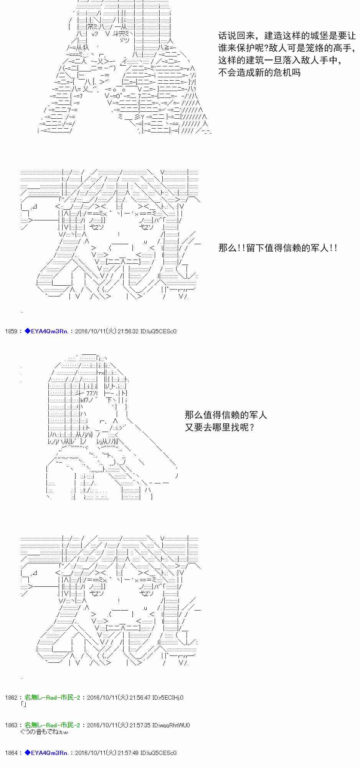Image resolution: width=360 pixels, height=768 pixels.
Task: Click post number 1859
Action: [x=11, y=331]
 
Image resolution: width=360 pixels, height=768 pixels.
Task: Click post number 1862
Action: [x=11, y=697]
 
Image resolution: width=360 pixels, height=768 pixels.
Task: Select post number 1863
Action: [x=11, y=725]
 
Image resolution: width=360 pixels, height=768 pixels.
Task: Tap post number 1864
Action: [x=11, y=753]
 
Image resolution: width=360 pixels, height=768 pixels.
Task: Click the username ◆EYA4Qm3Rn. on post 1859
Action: [x=46, y=331]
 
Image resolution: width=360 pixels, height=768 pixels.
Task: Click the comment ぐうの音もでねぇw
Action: [x=44, y=732]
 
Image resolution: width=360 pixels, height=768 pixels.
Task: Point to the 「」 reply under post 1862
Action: [x=24, y=704]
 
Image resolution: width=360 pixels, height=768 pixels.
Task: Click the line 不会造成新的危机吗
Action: [x=259, y=73]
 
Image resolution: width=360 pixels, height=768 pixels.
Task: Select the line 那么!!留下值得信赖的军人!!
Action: [x=278, y=248]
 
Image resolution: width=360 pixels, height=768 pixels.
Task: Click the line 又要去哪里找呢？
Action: [x=220, y=427]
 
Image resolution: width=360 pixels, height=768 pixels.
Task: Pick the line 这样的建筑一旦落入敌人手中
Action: [x=279, y=60]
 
